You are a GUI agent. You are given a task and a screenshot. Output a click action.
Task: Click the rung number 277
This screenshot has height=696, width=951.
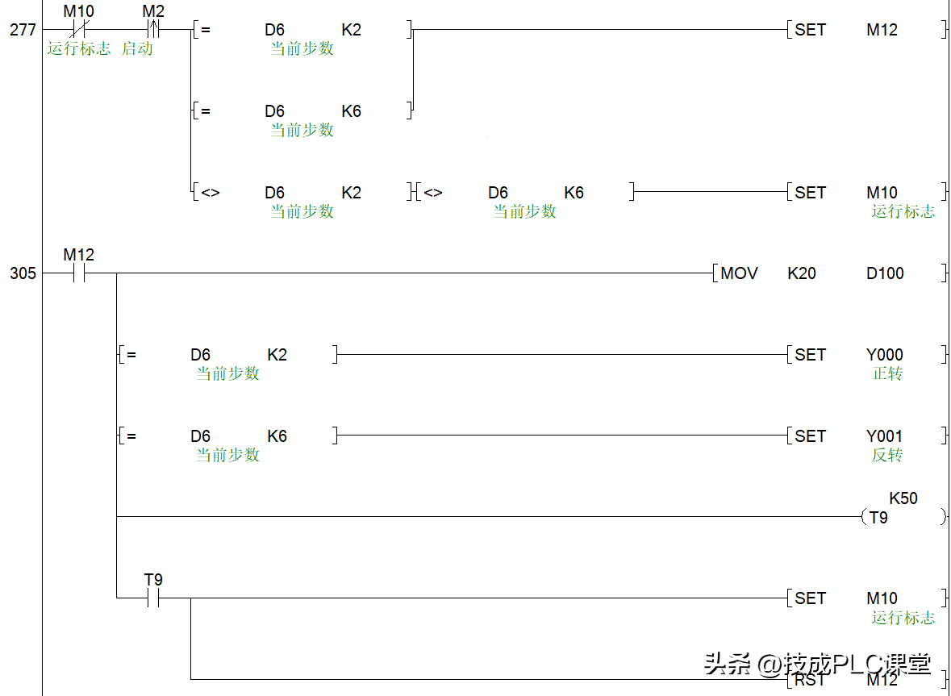pyautogui.click(x=23, y=30)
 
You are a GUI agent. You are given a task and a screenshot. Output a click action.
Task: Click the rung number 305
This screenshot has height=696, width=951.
pyautogui.click(x=23, y=273)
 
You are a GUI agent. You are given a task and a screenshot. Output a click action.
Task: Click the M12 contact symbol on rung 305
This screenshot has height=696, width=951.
pyautogui.click(x=78, y=273)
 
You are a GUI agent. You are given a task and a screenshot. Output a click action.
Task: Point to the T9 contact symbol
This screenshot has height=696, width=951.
pyautogui.click(x=152, y=598)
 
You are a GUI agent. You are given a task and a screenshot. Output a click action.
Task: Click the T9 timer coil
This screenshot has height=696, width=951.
pyautogui.click(x=879, y=518)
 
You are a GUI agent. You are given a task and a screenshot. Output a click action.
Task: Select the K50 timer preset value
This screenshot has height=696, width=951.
pyautogui.click(x=903, y=498)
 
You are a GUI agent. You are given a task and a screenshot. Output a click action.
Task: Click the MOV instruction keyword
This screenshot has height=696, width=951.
pyautogui.click(x=739, y=273)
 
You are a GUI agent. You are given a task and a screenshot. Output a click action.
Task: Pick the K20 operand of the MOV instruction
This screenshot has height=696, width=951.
pyautogui.click(x=802, y=273)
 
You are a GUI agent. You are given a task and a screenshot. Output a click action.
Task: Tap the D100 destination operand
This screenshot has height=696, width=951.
pyautogui.click(x=885, y=273)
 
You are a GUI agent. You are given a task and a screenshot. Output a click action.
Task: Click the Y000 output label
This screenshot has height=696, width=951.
pyautogui.click(x=885, y=355)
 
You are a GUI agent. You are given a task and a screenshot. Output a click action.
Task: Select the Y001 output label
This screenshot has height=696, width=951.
pyautogui.click(x=885, y=436)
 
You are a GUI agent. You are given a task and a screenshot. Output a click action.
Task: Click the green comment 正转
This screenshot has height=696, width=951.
pyautogui.click(x=887, y=373)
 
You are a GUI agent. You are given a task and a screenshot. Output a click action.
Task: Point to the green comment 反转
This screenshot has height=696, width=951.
pyautogui.click(x=887, y=455)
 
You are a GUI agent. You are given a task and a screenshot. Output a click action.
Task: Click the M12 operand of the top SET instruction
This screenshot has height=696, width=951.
pyautogui.click(x=882, y=30)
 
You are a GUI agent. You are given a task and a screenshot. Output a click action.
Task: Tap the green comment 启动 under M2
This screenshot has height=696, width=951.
pyautogui.click(x=137, y=48)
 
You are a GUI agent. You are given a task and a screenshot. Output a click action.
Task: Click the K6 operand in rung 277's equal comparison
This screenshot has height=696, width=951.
pyautogui.click(x=352, y=111)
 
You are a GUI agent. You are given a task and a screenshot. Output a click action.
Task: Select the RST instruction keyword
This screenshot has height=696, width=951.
pyautogui.click(x=810, y=680)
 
